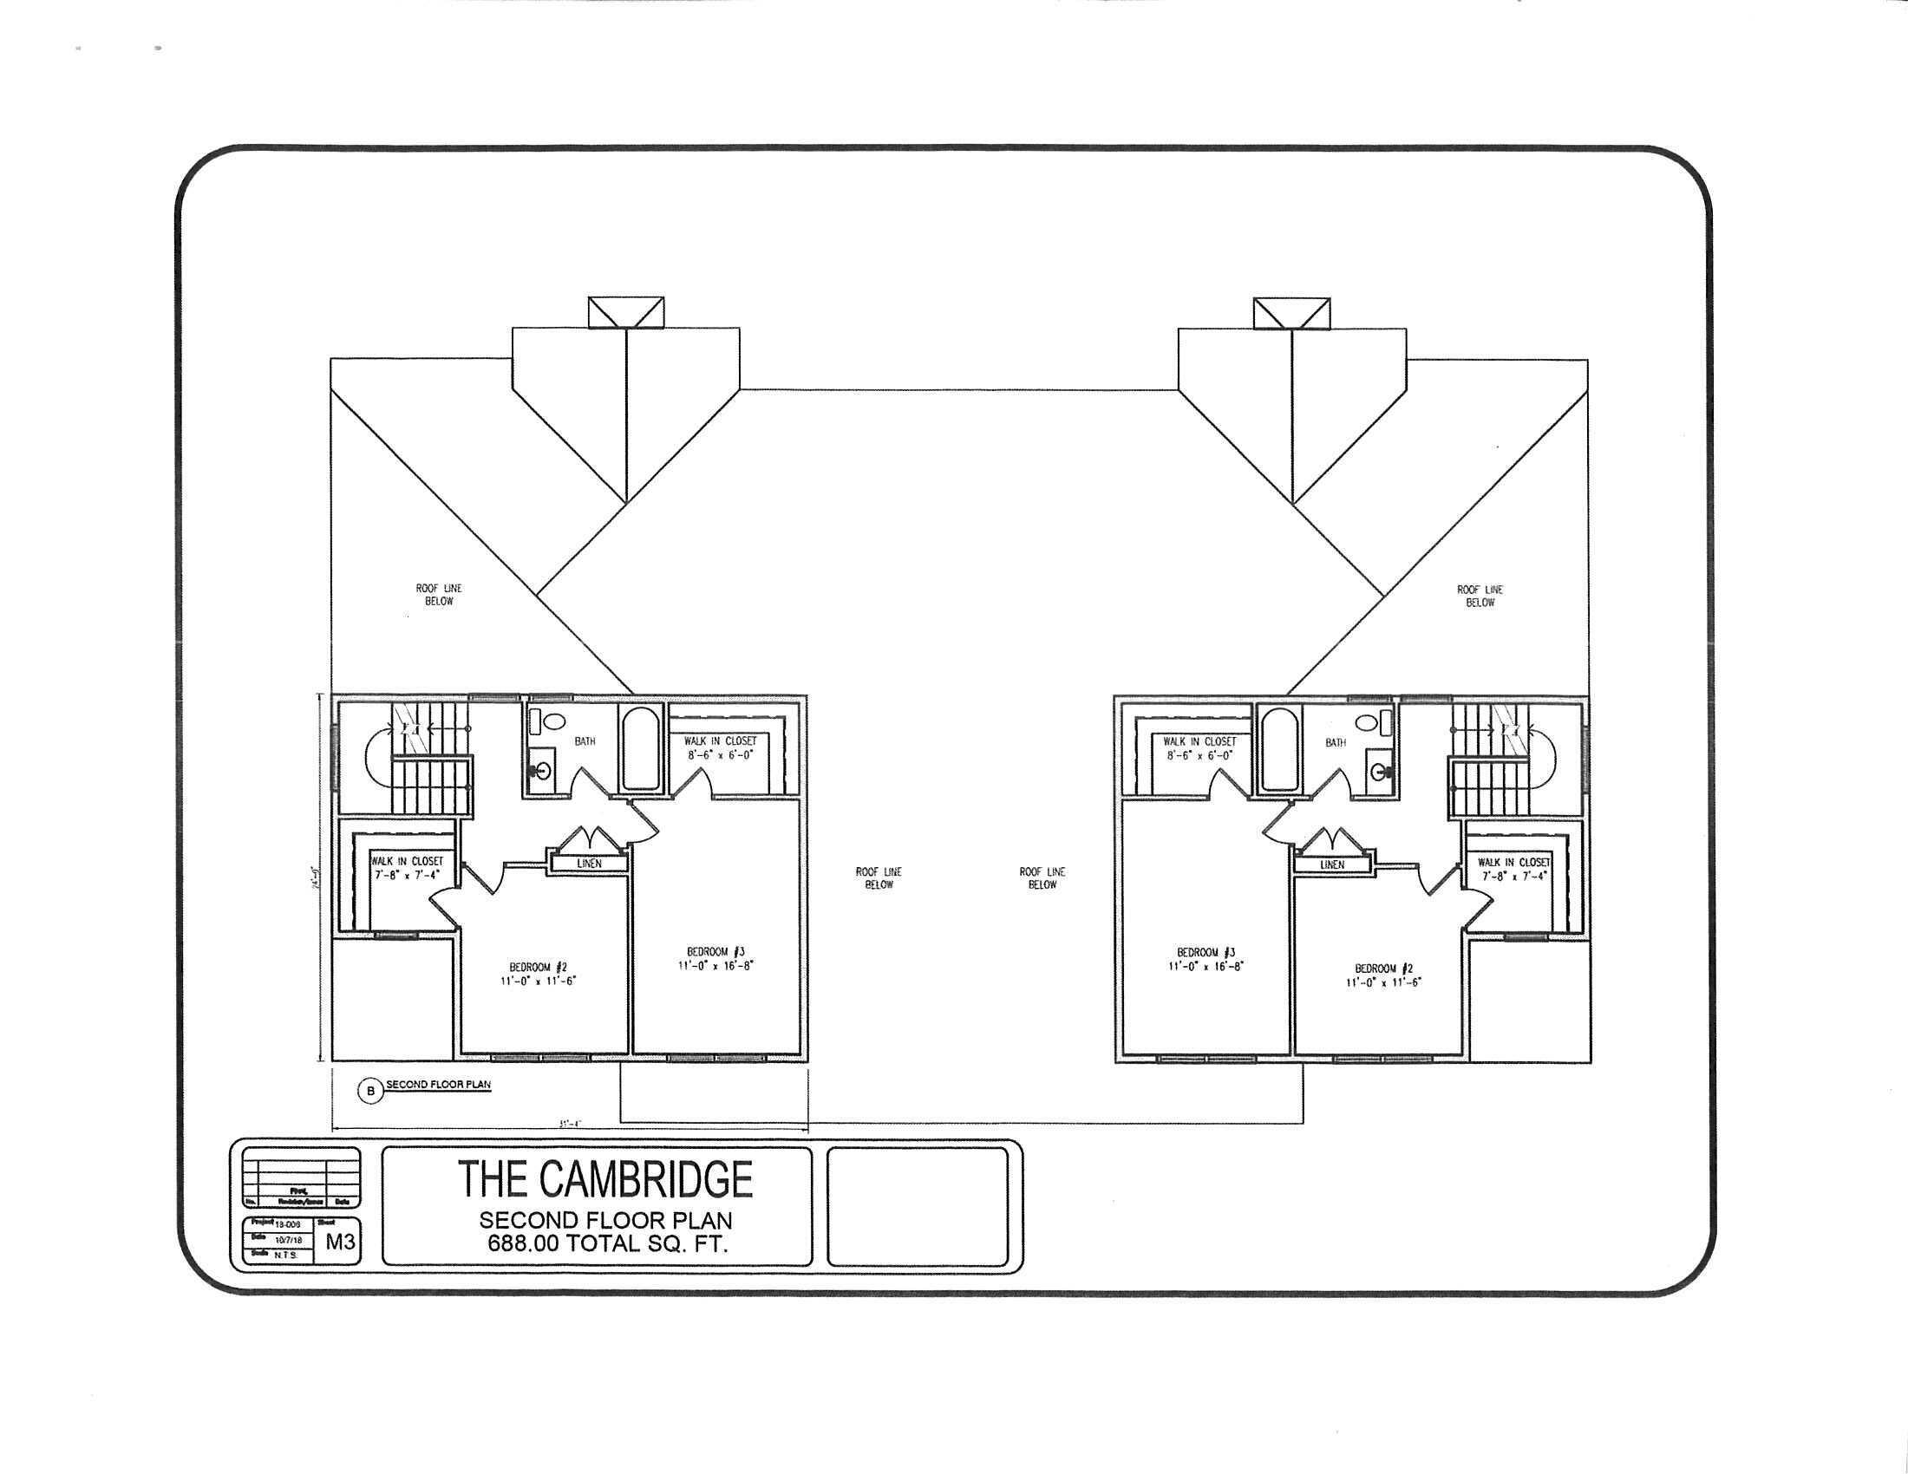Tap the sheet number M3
(341, 1242)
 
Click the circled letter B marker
(370, 1091)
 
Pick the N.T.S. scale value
(285, 1254)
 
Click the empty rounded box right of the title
(917, 1206)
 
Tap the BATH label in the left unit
(585, 741)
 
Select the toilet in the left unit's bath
(539, 722)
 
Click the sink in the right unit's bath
(1380, 772)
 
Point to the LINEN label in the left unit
(590, 864)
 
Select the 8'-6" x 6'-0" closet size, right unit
(1199, 755)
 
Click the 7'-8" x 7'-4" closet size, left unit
(408, 874)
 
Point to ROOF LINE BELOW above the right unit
(1480, 597)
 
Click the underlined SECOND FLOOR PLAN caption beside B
(439, 1085)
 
